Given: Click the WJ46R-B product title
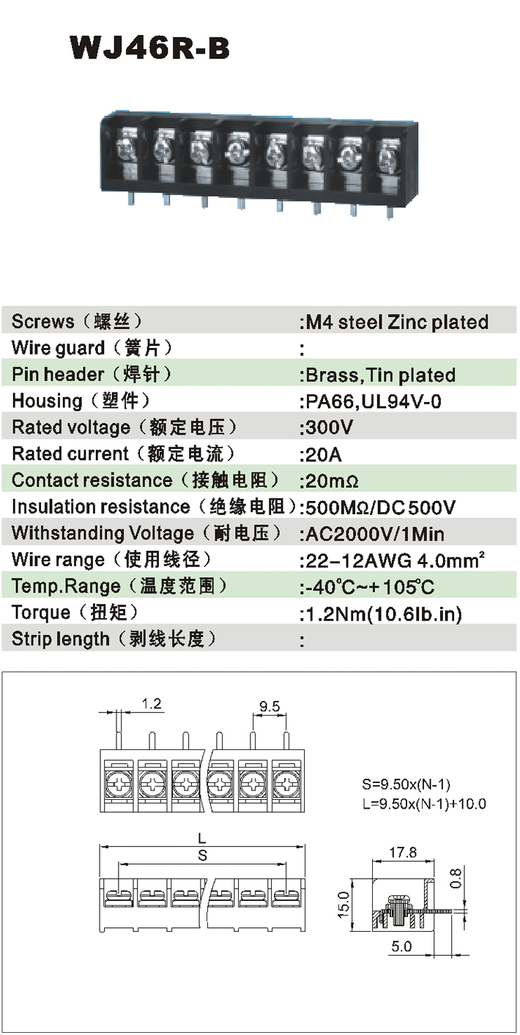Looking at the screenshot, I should [x=150, y=48].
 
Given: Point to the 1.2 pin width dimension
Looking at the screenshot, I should [x=152, y=705].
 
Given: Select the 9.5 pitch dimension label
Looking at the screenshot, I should [x=270, y=707].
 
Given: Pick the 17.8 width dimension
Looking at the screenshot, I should [x=403, y=853].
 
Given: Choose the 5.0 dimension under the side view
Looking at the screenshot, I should [x=401, y=947].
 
